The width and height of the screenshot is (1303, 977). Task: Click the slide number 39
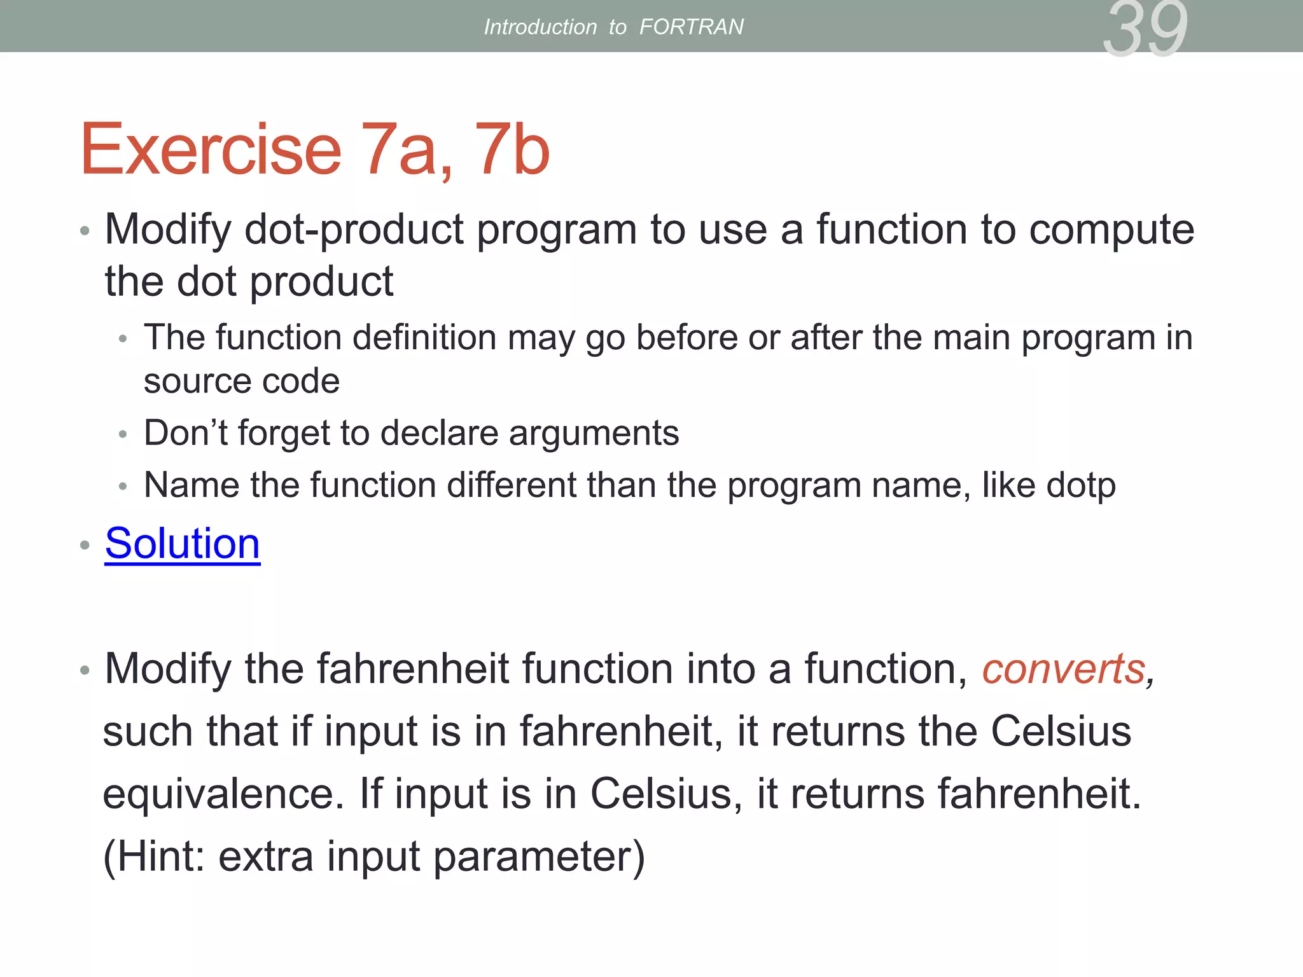click(x=1145, y=29)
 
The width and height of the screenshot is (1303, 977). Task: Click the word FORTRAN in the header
click(x=691, y=27)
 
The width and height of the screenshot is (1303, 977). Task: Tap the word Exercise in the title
click(x=211, y=150)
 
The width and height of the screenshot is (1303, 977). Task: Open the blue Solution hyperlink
click(x=183, y=544)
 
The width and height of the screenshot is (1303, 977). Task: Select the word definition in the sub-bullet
click(x=424, y=337)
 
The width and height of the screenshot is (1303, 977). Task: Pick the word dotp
click(x=1081, y=486)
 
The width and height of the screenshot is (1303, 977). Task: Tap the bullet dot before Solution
click(x=85, y=545)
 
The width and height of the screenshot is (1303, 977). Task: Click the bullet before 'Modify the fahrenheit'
click(x=85, y=670)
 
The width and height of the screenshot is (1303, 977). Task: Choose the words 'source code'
click(x=242, y=382)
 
